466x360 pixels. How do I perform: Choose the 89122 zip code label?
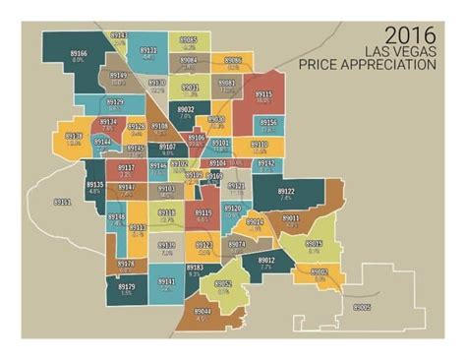coord(285,192)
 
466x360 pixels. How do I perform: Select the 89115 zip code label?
coord(262,94)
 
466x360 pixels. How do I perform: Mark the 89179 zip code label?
coord(126,286)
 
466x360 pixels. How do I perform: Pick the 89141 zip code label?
coord(166,281)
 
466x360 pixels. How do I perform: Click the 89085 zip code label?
coord(188,40)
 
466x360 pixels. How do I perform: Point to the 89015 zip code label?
coord(314,244)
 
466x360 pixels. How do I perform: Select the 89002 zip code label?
coord(320,270)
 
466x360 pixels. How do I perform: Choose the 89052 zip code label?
coord(223,284)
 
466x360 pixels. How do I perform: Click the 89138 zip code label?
coord(74,136)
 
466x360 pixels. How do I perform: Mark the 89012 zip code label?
coord(265,260)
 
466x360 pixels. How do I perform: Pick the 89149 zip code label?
coord(118,76)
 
